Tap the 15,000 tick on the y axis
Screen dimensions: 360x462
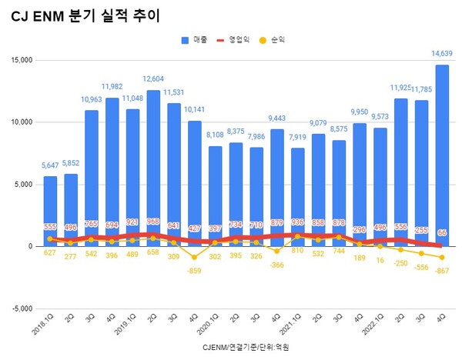click(19, 60)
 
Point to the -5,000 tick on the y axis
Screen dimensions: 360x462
click(19, 308)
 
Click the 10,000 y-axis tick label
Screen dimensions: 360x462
click(19, 122)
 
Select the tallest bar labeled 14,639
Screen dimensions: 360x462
click(443, 154)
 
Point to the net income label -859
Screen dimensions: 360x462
click(196, 271)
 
